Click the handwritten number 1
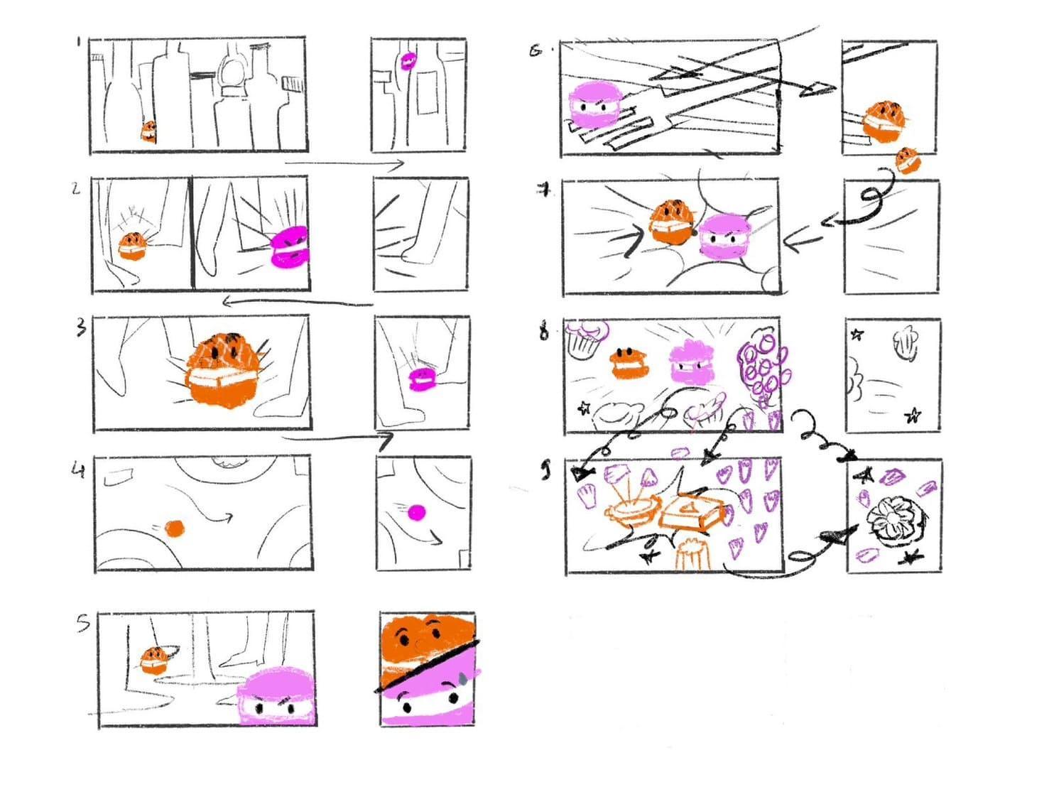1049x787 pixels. (x=77, y=42)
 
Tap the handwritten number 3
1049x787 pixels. (x=81, y=327)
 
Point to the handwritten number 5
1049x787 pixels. (x=83, y=624)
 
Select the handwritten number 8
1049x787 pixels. (x=544, y=331)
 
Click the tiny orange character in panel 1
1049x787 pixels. (x=148, y=131)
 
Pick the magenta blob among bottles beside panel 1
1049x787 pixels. (x=408, y=60)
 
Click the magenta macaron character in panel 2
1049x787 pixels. (x=290, y=246)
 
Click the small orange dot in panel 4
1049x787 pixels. (x=174, y=528)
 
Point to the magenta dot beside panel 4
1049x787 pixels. (x=418, y=511)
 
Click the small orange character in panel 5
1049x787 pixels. (x=153, y=660)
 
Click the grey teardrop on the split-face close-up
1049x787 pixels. (x=462, y=678)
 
